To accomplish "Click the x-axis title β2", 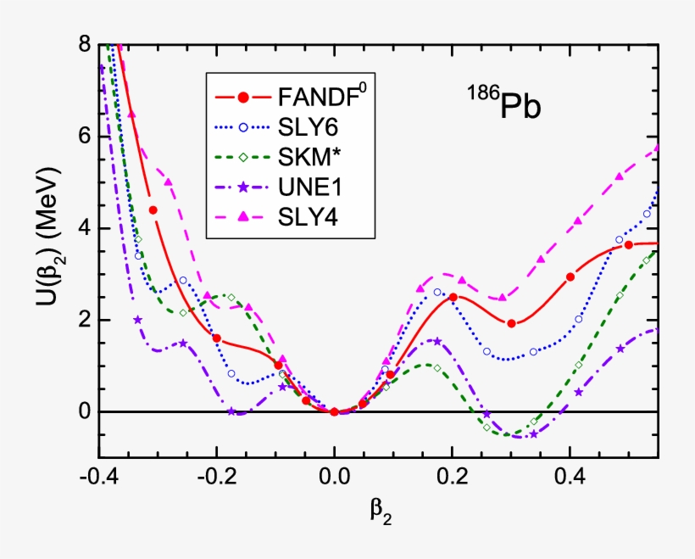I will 381,511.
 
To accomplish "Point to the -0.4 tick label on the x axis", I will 99,478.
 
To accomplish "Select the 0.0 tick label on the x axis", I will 335,478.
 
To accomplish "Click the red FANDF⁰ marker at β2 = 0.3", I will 511,323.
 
